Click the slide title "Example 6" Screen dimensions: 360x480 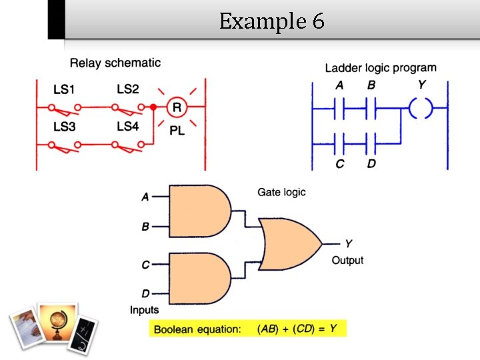click(x=271, y=22)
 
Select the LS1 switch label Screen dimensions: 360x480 click(x=65, y=89)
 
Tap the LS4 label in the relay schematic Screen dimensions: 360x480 click(x=127, y=126)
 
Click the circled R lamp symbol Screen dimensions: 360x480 click(x=177, y=107)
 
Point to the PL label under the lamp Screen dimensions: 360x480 click(x=177, y=131)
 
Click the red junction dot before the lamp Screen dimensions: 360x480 click(x=153, y=107)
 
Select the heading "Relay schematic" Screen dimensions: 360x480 click(x=115, y=63)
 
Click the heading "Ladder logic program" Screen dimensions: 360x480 click(x=381, y=68)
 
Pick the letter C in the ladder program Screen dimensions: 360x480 click(x=340, y=163)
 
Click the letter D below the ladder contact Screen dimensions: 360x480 click(x=372, y=163)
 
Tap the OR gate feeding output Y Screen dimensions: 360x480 click(x=288, y=243)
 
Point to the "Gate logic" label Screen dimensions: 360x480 click(x=281, y=193)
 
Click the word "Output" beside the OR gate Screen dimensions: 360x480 click(x=347, y=260)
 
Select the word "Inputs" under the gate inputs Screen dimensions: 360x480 click(x=144, y=309)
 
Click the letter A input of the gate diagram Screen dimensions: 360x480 click(x=145, y=197)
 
